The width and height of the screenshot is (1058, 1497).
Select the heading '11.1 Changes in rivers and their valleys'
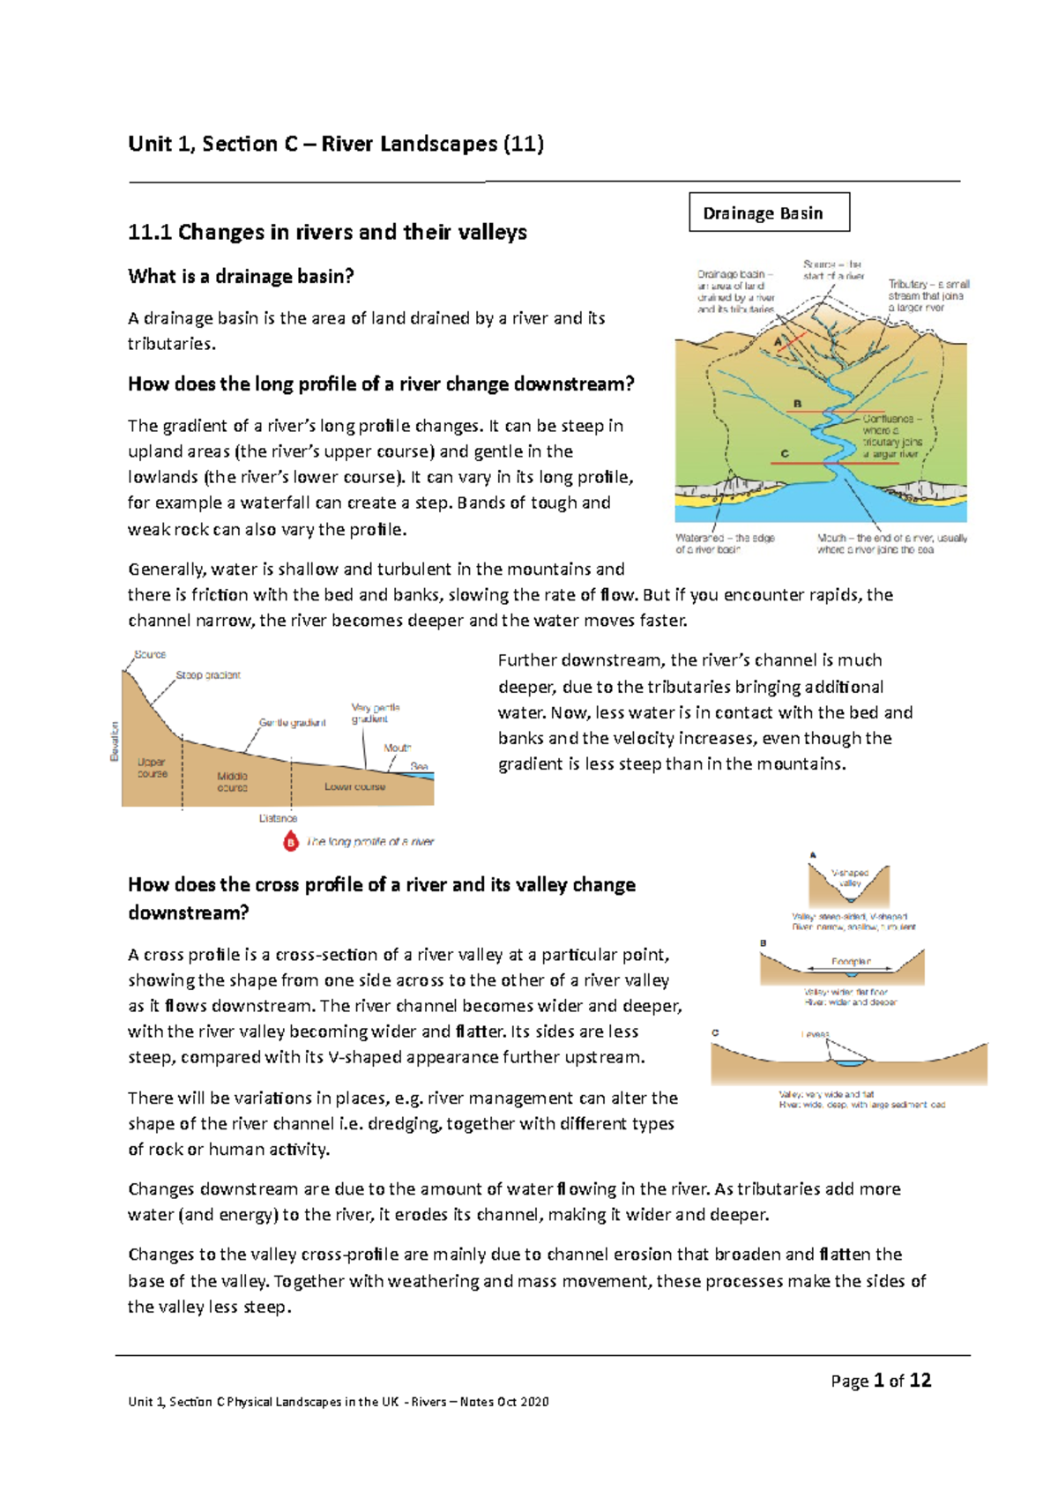[327, 233]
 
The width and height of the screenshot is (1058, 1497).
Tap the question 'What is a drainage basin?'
[241, 277]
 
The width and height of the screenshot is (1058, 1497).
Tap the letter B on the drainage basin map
[797, 404]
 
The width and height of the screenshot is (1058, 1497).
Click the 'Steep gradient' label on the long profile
[208, 675]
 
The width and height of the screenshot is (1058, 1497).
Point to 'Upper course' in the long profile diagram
[152, 768]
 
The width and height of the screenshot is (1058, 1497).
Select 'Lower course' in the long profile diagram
[354, 786]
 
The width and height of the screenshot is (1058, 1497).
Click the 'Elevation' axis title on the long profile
[114, 741]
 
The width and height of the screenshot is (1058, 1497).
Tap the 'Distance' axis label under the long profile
[278, 818]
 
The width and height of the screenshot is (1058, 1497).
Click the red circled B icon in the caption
[291, 842]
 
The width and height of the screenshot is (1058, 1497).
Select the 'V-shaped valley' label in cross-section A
[850, 877]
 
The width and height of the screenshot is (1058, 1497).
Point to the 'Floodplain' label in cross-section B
[851, 962]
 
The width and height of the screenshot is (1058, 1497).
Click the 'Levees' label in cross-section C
[815, 1034]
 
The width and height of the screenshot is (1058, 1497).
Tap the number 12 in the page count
[920, 1381]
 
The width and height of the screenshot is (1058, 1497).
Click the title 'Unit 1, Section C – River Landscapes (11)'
[335, 144]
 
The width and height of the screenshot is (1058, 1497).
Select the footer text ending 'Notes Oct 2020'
[338, 1402]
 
